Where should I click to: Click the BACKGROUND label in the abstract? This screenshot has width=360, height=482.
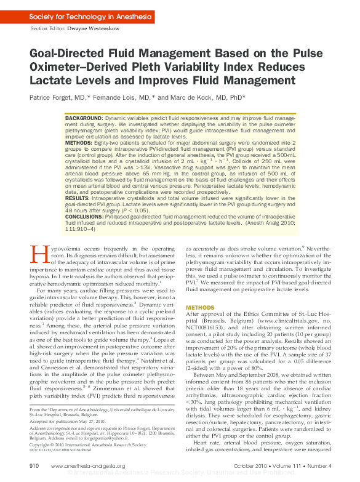pos(84,118)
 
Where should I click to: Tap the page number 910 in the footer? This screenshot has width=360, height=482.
pos(34,466)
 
